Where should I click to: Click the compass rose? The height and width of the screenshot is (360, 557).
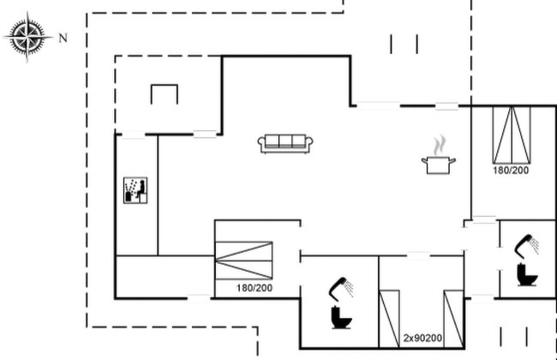click(28, 37)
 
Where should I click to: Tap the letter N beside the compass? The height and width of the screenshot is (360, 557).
click(63, 38)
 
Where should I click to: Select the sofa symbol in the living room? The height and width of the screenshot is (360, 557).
click(285, 144)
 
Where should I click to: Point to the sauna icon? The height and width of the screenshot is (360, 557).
click(135, 190)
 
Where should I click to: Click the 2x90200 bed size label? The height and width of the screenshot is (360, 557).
click(422, 338)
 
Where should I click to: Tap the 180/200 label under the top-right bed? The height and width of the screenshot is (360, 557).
click(511, 171)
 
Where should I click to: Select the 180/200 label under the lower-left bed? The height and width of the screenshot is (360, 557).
click(255, 288)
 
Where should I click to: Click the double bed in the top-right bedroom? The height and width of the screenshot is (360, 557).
click(512, 135)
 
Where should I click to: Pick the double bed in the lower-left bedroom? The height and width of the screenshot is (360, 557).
click(243, 261)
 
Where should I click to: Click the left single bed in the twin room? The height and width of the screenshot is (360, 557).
click(389, 319)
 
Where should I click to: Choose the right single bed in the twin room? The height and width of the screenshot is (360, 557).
click(453, 319)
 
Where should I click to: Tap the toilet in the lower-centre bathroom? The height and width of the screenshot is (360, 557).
click(341, 317)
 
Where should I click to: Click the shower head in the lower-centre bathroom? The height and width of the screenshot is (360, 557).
click(341, 287)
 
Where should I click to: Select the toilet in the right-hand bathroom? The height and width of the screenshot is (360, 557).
click(527, 274)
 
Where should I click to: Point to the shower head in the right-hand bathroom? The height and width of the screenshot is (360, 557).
click(527, 245)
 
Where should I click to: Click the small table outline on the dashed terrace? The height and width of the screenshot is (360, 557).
click(165, 86)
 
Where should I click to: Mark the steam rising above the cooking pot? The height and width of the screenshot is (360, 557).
click(440, 145)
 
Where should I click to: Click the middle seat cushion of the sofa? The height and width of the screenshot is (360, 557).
click(285, 141)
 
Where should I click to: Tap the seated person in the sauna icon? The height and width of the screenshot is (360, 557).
click(141, 189)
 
